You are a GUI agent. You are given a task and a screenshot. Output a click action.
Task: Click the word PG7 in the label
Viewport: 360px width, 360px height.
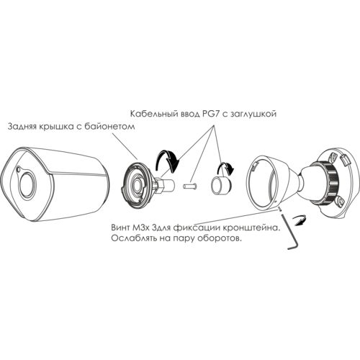click(209, 113)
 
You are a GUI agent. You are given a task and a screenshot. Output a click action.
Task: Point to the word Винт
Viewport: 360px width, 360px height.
click(120, 228)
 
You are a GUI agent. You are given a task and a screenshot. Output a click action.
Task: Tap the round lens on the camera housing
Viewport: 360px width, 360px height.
click(27, 184)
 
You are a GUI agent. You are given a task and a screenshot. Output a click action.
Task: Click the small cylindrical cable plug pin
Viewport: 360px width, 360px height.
click(189, 186)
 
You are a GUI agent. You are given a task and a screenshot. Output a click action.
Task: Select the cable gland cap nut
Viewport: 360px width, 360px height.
click(221, 185)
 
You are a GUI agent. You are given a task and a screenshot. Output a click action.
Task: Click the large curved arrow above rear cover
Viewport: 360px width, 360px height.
click(168, 160)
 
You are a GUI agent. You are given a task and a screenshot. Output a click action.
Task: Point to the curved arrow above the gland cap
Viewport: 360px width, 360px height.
click(225, 168)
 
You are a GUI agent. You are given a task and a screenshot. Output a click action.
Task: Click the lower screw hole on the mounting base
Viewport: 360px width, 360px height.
click(339, 202)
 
